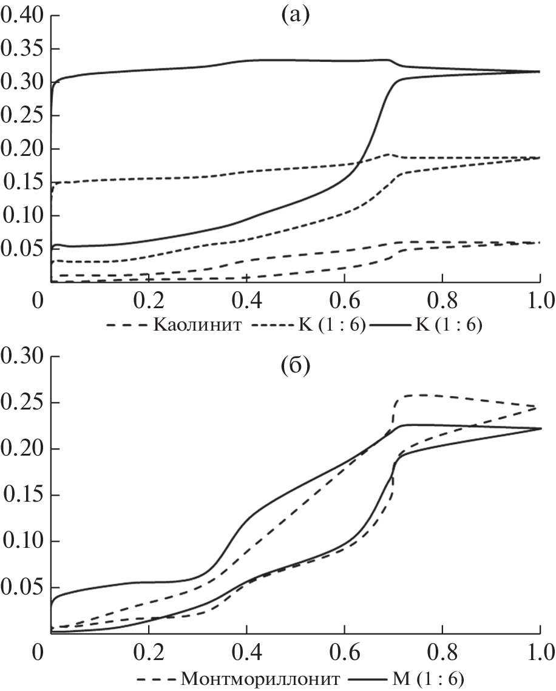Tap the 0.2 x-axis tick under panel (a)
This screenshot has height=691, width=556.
148,300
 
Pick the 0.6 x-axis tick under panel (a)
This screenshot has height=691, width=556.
344,300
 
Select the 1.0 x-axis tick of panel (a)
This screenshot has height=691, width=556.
539,300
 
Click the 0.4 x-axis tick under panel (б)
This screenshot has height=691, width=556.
246,653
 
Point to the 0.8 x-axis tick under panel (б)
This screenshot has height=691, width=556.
442,653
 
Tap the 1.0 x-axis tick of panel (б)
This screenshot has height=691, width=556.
539,653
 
